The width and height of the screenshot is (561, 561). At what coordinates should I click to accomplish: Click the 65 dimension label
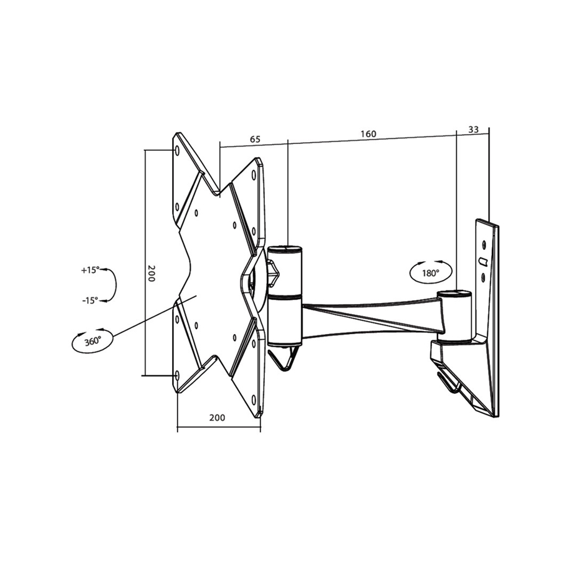point(255,140)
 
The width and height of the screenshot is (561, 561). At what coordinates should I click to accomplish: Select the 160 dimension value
point(368,133)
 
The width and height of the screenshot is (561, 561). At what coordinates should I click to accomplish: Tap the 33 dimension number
point(473,130)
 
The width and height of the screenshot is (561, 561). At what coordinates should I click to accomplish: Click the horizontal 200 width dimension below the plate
point(217,418)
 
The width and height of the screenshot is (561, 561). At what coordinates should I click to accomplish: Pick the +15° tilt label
point(90,271)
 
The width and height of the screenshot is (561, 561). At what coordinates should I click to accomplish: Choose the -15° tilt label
point(90,300)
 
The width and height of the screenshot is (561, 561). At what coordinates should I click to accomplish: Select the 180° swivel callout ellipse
point(430,272)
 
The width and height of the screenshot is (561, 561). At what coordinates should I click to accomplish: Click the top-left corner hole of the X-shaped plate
point(176,151)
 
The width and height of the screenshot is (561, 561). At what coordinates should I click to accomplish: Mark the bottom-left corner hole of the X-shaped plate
point(176,375)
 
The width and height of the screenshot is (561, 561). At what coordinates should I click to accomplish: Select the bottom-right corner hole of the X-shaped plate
point(254,399)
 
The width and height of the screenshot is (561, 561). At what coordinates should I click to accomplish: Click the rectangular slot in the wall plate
point(482,259)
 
